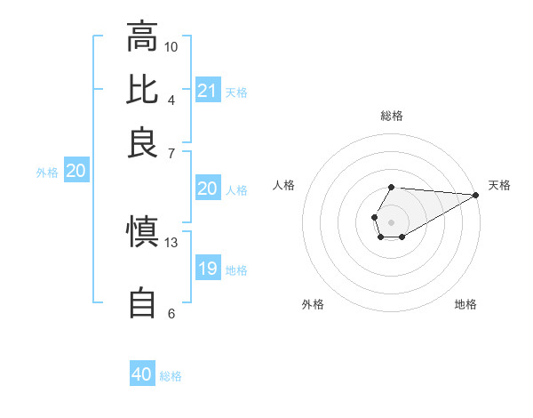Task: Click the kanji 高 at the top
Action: [142, 37]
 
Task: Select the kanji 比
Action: [142, 89]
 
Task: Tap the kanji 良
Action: [142, 142]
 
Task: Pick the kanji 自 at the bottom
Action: [142, 303]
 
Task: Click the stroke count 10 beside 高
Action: [171, 46]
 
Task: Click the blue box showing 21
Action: [208, 91]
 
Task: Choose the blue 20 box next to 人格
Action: [207, 189]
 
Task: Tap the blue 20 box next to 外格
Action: [76, 172]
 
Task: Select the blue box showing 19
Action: [208, 269]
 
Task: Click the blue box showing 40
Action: [142, 374]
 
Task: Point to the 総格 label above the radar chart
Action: [392, 117]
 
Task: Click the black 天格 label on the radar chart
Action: [500, 185]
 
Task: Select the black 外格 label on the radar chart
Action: [313, 305]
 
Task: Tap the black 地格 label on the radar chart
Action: [465, 305]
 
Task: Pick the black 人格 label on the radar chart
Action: [284, 185]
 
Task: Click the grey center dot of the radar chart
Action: [391, 221]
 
